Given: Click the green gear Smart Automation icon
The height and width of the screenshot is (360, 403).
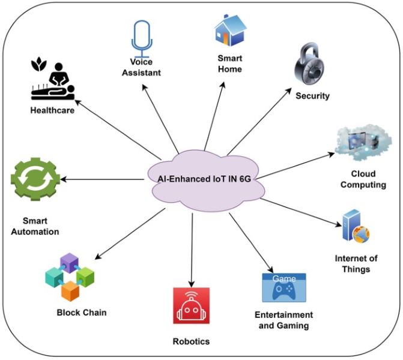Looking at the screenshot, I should pyautogui.click(x=35, y=179).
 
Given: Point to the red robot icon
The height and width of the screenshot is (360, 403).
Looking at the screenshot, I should pyautogui.click(x=192, y=307).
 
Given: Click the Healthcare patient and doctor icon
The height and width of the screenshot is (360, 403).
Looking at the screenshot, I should pyautogui.click(x=52, y=81).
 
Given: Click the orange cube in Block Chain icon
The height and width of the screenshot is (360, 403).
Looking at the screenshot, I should pyautogui.click(x=70, y=289).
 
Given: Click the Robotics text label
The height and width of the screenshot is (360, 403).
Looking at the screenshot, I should pyautogui.click(x=192, y=341).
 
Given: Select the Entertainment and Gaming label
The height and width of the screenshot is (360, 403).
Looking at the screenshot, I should pyautogui.click(x=285, y=320).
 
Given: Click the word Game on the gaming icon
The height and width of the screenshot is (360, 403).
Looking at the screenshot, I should pyautogui.click(x=284, y=279).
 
